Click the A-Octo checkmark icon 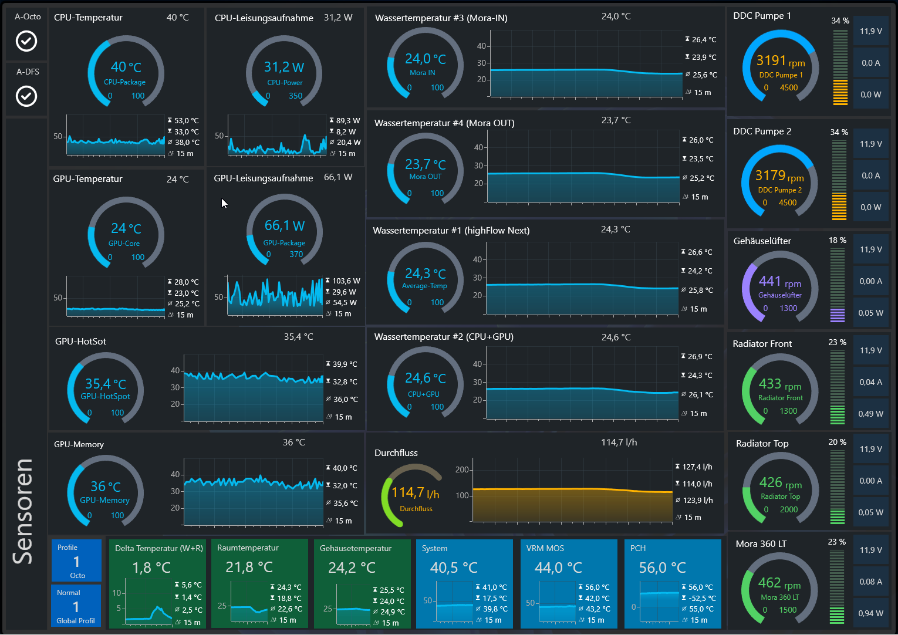pos(26,41)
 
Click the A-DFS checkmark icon pos(26,96)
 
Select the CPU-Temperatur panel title pos(88,18)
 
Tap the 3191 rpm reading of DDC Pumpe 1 pos(780,61)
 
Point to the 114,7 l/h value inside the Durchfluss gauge pos(415,493)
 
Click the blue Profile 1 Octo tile pos(76,560)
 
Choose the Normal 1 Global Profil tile pos(76,606)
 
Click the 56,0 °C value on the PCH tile pos(662,568)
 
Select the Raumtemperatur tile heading pos(248,548)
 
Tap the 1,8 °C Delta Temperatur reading pos(151,568)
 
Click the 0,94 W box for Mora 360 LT pos(871,613)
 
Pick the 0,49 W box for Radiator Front pos(871,414)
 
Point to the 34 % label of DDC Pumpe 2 pos(839,132)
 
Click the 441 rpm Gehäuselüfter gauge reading pos(780,282)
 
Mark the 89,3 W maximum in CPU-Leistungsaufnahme pos(345,121)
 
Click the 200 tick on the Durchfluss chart pos(462,470)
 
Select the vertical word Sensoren pos(23,512)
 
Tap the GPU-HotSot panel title pos(80,342)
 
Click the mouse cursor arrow pos(224,204)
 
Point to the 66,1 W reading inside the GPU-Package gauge pos(285,226)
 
